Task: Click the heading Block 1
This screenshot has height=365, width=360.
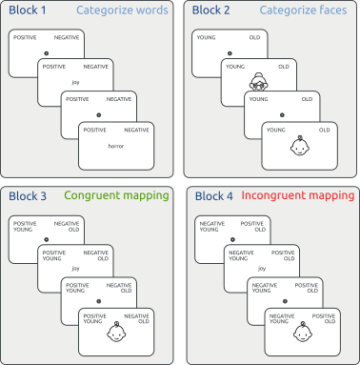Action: [x=30, y=11]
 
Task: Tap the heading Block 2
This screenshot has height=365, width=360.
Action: [x=213, y=11]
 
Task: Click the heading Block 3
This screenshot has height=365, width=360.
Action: [x=30, y=196]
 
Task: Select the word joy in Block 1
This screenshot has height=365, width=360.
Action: [x=74, y=81]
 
